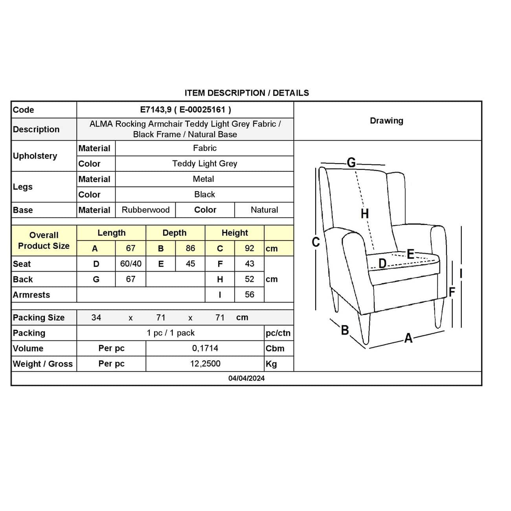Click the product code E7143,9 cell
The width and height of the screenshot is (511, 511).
185,110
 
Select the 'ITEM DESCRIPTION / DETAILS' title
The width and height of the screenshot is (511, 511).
246,93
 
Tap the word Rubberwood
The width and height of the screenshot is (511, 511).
145,210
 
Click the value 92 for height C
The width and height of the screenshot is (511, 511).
249,248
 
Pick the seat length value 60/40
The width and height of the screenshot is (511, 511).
131,264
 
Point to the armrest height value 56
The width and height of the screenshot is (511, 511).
249,294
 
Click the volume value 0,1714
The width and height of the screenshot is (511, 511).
205,348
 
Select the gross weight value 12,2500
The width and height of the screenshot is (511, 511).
205,364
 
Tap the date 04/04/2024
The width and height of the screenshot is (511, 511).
246,378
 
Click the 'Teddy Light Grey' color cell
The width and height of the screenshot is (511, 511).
204,164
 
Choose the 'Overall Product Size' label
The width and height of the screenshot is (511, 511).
44,241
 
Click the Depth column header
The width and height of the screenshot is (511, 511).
175,233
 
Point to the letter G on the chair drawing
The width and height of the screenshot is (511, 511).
351,162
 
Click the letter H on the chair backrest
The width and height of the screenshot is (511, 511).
365,213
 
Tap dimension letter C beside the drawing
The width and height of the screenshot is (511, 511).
316,242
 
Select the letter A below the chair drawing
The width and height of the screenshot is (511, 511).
408,338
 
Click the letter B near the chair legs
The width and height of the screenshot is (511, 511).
345,330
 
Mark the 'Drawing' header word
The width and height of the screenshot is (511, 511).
386,121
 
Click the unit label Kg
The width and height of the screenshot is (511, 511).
271,364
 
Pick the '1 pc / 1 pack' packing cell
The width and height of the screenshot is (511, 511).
171,333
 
